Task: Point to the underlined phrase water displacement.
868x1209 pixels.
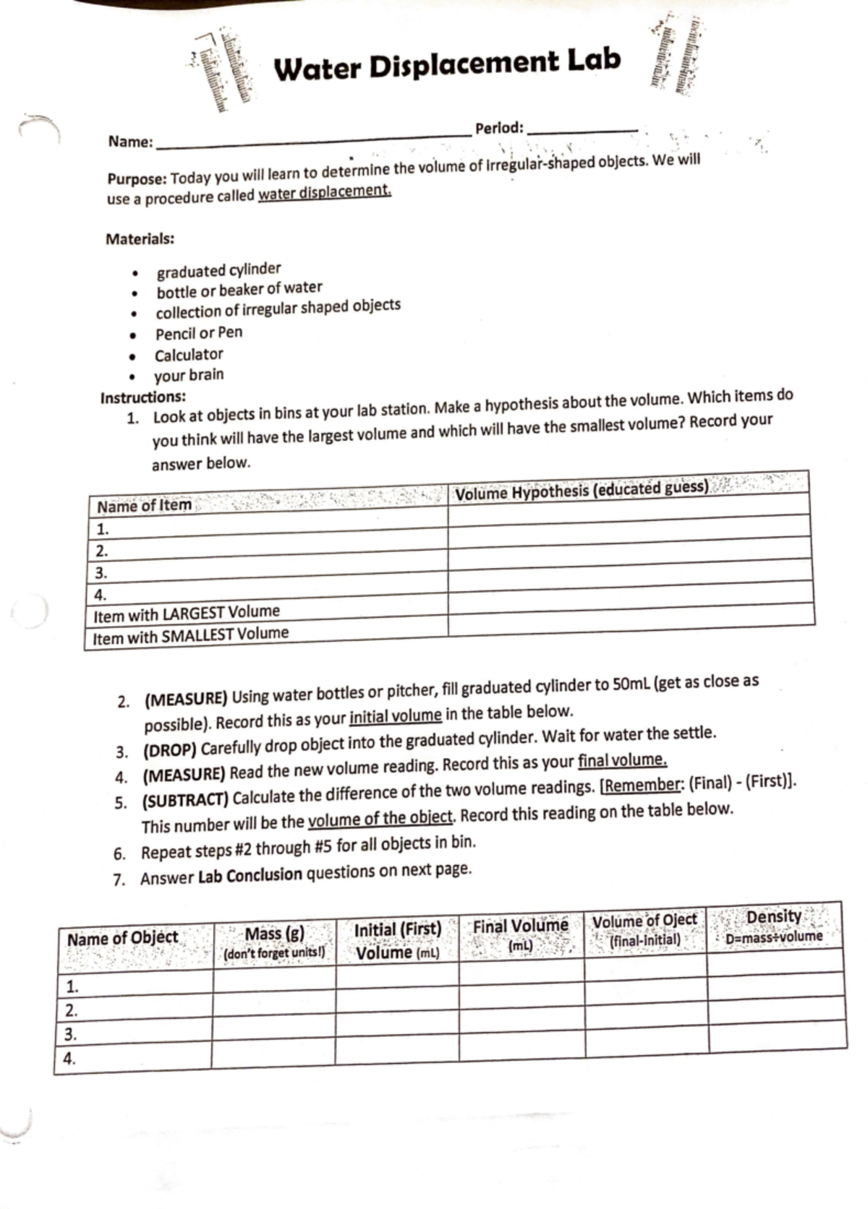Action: [325, 192]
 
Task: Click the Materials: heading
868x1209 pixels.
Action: [140, 239]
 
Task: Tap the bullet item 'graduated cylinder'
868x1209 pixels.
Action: [218, 270]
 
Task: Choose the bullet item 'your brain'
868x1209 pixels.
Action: [189, 375]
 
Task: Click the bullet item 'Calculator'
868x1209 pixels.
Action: [189, 355]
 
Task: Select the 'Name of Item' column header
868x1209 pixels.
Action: [145, 505]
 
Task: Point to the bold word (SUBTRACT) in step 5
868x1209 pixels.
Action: [185, 800]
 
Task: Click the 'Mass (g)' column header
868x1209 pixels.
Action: [274, 934]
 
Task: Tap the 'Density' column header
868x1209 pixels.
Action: [774, 917]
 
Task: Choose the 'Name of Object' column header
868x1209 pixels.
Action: [122, 939]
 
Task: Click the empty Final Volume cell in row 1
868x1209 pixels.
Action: [521, 984]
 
